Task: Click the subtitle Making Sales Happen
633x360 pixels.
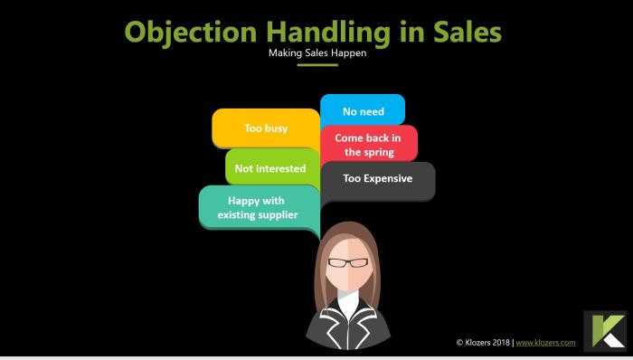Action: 316,52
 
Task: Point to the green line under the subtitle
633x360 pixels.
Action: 316,64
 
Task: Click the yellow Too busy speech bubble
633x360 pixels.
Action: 266,128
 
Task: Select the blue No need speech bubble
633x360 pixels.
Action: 363,111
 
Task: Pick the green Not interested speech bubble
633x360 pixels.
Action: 269,168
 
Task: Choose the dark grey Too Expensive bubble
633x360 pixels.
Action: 378,179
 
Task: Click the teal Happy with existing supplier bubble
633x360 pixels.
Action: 258,208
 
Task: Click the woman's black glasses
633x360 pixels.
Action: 346,262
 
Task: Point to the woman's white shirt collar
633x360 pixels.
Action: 346,308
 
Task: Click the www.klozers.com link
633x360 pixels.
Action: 546,343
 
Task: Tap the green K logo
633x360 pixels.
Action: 605,332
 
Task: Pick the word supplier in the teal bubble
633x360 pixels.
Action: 277,215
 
